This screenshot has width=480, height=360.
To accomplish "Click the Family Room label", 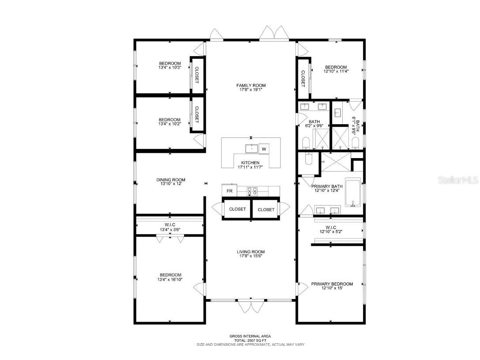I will coord(251,85).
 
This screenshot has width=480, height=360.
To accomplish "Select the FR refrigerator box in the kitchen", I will coord(229,191).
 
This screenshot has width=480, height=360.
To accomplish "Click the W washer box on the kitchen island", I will coord(264,149).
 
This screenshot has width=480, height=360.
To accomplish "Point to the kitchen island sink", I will coord(252,148).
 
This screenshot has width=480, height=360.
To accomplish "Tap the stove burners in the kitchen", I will coord(252,191).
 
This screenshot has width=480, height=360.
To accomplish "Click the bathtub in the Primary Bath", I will coord(353,193).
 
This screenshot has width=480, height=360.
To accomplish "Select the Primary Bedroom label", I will coord(332,284).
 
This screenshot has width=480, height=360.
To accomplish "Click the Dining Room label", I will coord(170,180).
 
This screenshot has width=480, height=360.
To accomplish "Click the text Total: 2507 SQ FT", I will coord(250,340).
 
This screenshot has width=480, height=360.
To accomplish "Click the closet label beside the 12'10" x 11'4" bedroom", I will coord(303,79).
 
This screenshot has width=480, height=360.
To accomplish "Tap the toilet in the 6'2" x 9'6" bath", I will coord(306,142).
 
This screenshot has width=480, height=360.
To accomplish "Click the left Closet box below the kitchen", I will coord(237,209).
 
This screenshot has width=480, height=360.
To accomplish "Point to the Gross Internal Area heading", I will coord(250,336).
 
